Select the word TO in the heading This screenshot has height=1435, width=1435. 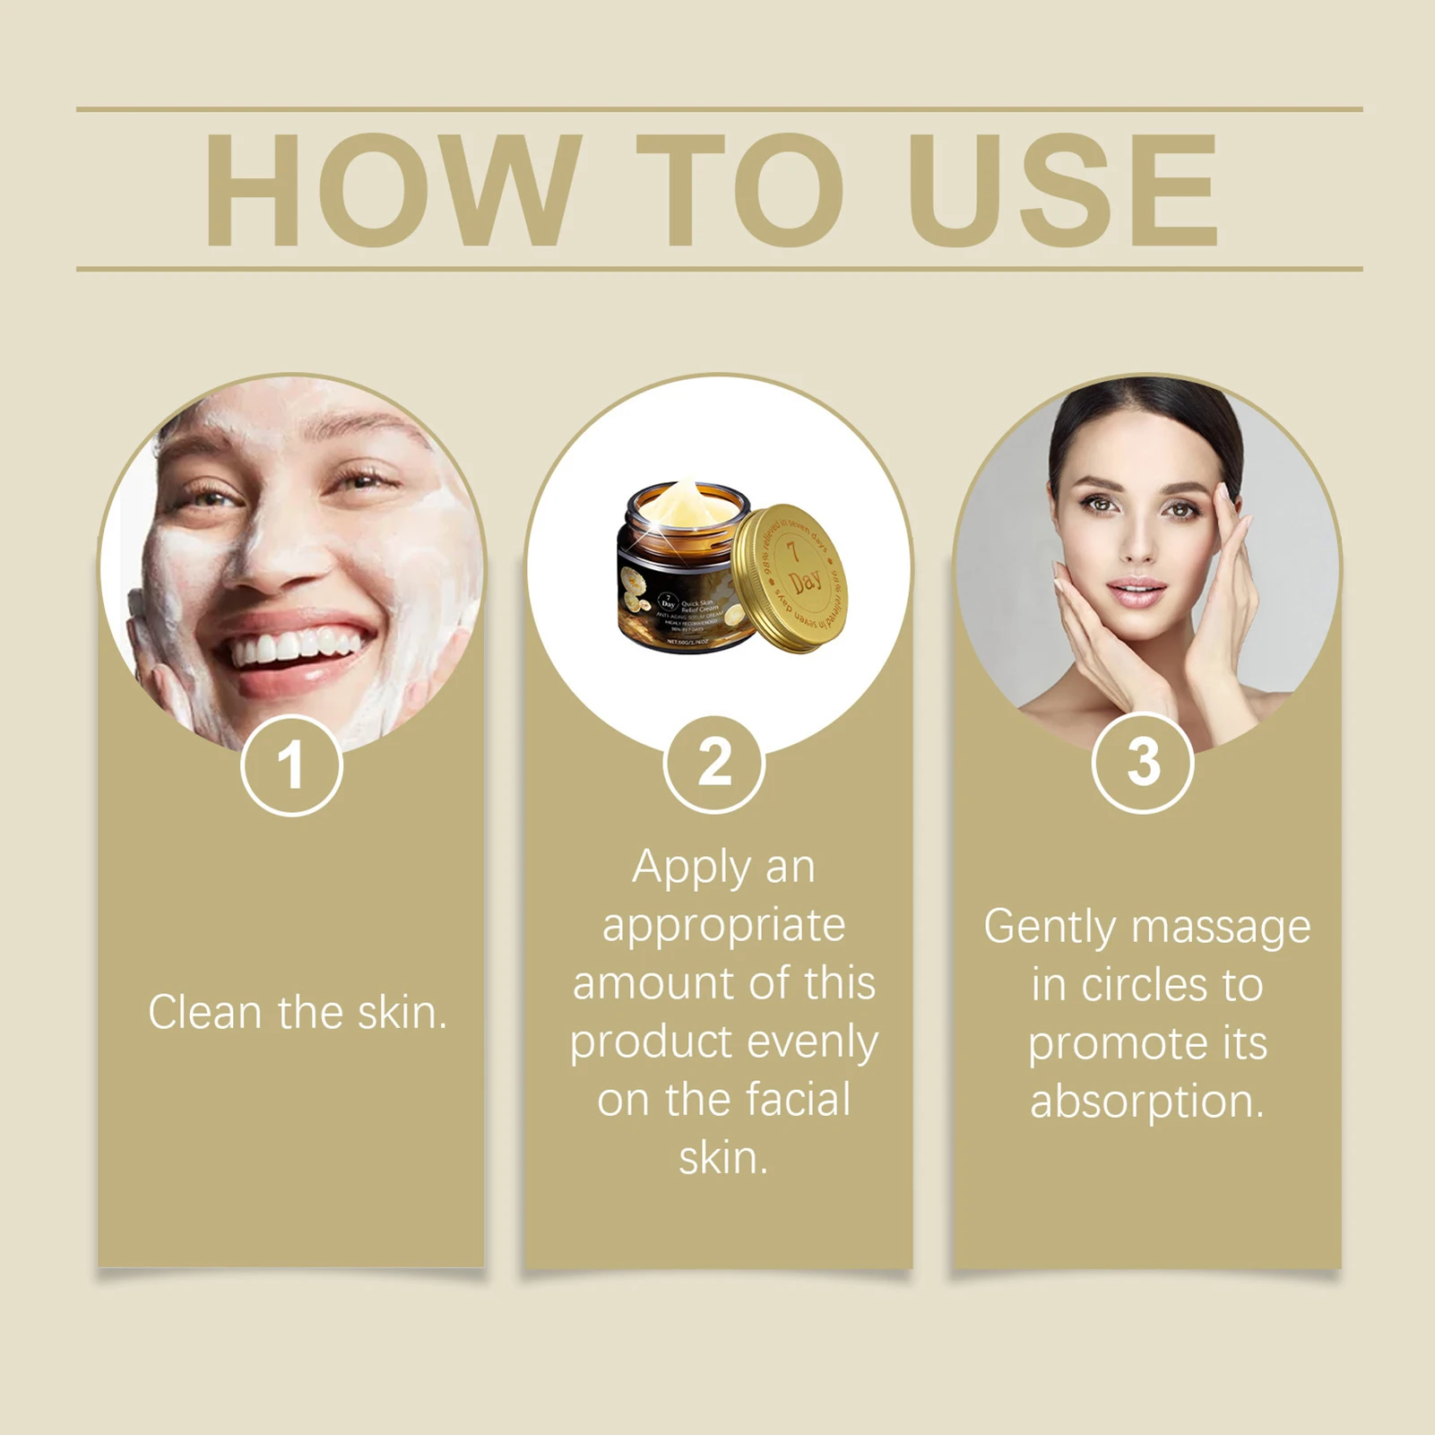[x=740, y=190]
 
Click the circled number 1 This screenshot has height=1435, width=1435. [x=291, y=766]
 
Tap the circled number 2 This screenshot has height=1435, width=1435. [x=714, y=764]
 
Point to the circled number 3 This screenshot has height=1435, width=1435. [x=1143, y=763]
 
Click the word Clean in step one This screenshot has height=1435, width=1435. [x=204, y=1013]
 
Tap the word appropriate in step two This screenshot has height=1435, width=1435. [x=723, y=925]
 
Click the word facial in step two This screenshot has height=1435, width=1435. [x=800, y=1100]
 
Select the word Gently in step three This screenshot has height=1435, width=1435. [x=1050, y=927]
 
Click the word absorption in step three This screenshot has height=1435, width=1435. [x=1146, y=1102]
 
